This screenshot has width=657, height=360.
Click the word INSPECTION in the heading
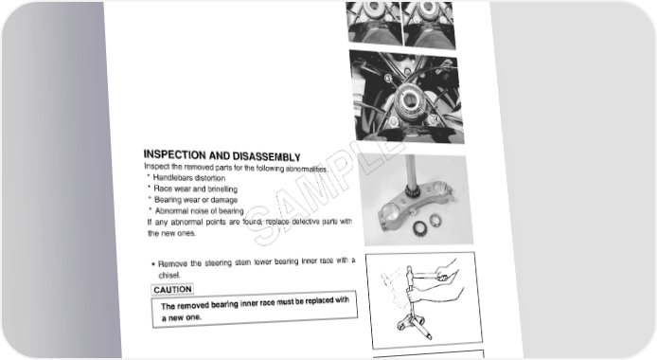(175, 154)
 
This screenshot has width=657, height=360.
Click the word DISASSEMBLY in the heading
(266, 156)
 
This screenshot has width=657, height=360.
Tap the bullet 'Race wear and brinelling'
(193, 189)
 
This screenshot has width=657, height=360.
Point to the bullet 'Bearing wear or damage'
(193, 200)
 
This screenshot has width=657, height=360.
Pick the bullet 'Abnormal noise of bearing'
(197, 210)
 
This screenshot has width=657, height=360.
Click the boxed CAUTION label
(172, 290)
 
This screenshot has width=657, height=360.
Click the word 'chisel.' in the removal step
(169, 276)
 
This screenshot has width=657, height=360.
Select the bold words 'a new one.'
(182, 317)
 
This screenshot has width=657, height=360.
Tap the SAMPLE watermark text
(325, 191)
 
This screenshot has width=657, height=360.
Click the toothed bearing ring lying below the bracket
(419, 228)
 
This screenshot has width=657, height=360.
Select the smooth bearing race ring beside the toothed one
(435, 219)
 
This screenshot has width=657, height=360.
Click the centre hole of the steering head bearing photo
(409, 99)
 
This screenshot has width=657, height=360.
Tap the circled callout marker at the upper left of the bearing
(388, 78)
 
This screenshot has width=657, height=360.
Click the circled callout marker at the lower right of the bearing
(435, 119)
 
